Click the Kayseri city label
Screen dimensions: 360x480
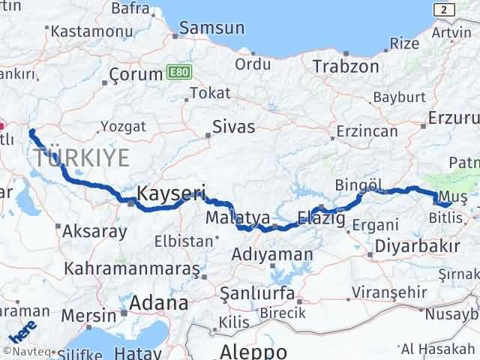click(172, 193)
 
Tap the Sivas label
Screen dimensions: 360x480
click(234, 126)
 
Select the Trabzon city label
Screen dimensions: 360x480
click(346, 65)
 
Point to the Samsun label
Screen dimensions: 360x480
click(215, 28)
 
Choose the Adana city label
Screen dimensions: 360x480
click(158, 303)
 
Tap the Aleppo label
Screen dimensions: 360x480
click(253, 351)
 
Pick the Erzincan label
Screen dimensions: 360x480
click(367, 130)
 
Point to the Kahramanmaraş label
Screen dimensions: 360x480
click(132, 268)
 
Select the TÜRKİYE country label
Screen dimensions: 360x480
click(82, 157)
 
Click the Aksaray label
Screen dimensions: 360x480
click(94, 231)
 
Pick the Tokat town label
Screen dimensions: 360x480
click(205, 93)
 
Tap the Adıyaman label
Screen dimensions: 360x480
click(272, 254)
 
